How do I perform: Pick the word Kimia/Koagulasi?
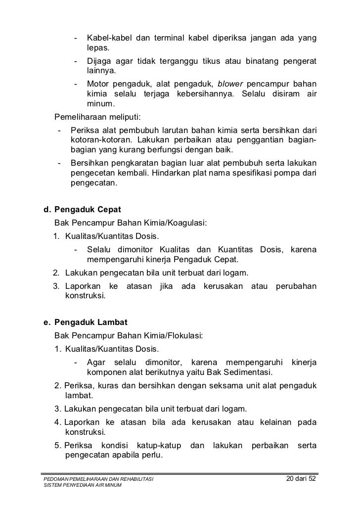(x=179, y=223)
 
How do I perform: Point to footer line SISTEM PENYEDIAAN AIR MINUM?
(x=83, y=486)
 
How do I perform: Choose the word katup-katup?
(x=158, y=446)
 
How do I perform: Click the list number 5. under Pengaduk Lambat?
(x=58, y=446)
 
